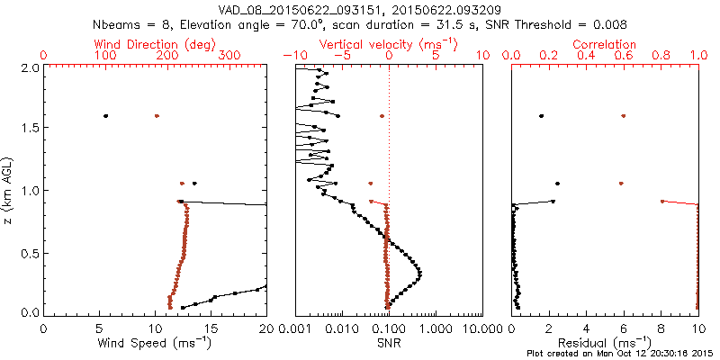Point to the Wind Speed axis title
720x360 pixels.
pyautogui.click(x=156, y=343)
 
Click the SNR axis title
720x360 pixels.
pyautogui.click(x=389, y=343)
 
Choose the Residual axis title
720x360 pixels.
pyautogui.click(x=605, y=343)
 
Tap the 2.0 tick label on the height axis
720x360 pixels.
pyautogui.click(x=30, y=67)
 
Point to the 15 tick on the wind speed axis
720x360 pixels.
pyautogui.click(x=211, y=328)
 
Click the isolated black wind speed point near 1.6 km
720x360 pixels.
pyautogui.click(x=106, y=116)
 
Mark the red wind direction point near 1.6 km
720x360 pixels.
pyautogui.click(x=157, y=116)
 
